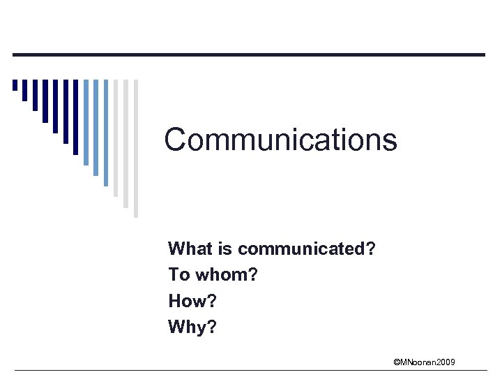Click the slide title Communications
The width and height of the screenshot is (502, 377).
coord(280,139)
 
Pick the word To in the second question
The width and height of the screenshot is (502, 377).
coord(178,275)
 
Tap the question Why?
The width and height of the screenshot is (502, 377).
coord(192,327)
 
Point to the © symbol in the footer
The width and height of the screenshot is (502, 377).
coord(396,362)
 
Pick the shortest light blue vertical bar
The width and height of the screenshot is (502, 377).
coord(86,122)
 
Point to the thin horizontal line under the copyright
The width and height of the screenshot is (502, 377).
coord(251,370)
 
